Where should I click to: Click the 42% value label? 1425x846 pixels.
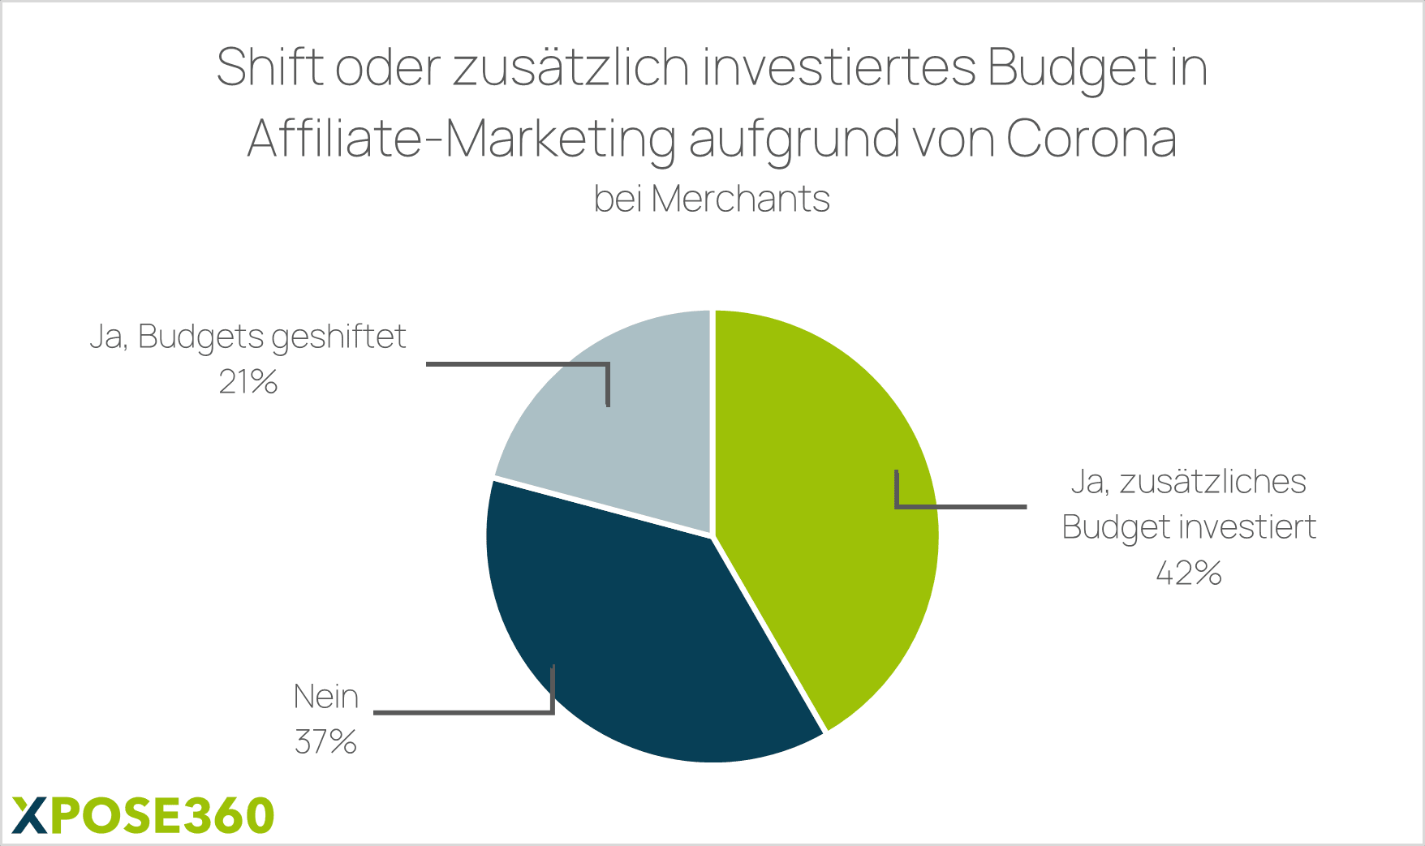pyautogui.click(x=1188, y=573)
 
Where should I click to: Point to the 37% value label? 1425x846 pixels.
pyautogui.click(x=325, y=742)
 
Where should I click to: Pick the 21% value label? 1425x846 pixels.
pyautogui.click(x=248, y=381)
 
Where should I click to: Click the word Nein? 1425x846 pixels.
pyautogui.click(x=325, y=697)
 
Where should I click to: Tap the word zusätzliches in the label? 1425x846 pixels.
pyautogui.click(x=1212, y=482)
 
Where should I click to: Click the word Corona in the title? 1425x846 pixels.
pyautogui.click(x=1091, y=139)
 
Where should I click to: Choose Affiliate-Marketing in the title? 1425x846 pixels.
pyautogui.click(x=461, y=140)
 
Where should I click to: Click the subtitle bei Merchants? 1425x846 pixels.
pyautogui.click(x=712, y=199)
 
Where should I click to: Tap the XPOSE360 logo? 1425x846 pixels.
pyautogui.click(x=144, y=815)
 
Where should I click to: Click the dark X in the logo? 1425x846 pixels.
pyautogui.click(x=30, y=815)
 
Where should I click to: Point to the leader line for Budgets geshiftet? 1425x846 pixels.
pyautogui.click(x=519, y=364)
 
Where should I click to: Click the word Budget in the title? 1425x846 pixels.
pyautogui.click(x=1069, y=68)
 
